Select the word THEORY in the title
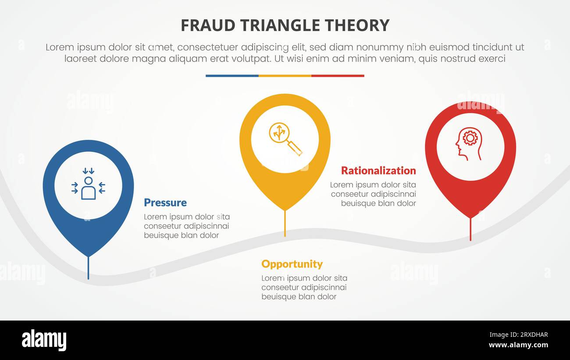[x=357, y=25]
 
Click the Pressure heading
[x=165, y=203]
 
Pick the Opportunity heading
[x=292, y=264]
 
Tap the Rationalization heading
[x=378, y=171]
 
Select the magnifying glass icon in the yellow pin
[x=285, y=139]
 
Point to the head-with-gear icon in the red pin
[x=469, y=143]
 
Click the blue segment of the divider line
[x=232, y=76]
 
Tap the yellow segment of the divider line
[x=285, y=76]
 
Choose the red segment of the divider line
[x=338, y=76]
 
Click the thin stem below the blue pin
[x=88, y=267]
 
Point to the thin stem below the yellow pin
[x=285, y=224]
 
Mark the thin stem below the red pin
[x=470, y=229]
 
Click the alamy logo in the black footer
[x=44, y=340]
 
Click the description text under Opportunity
[x=304, y=288]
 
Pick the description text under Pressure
[x=187, y=226]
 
